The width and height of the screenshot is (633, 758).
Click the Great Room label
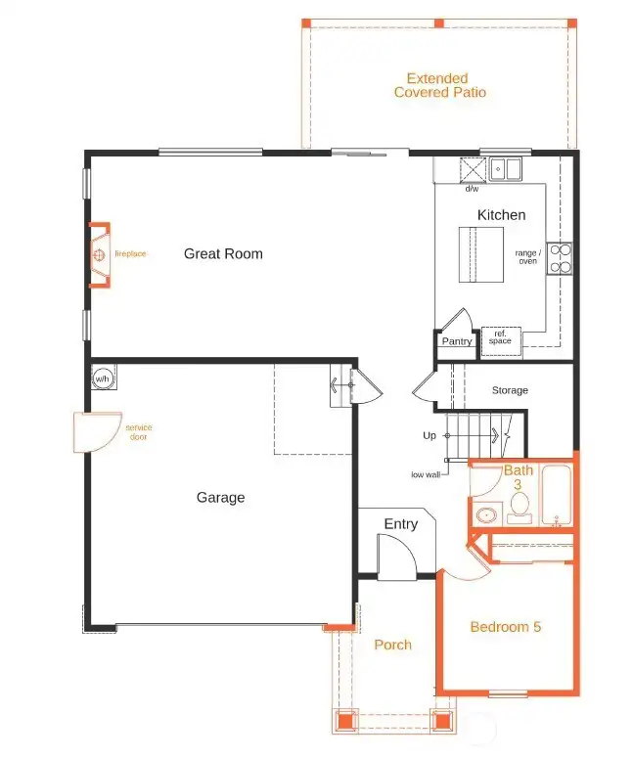pyautogui.click(x=223, y=254)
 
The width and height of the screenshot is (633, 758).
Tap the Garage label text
pyautogui.click(x=220, y=498)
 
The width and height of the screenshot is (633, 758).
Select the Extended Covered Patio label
pyautogui.click(x=439, y=85)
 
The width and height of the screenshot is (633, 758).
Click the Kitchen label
pyautogui.click(x=501, y=215)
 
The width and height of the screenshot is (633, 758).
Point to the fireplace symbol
pyautogui.click(x=100, y=255)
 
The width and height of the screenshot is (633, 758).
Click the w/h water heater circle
pyautogui.click(x=102, y=378)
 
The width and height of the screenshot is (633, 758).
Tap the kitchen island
pyautogui.click(x=482, y=254)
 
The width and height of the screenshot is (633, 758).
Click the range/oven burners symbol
pyautogui.click(x=560, y=257)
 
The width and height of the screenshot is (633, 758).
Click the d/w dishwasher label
pyautogui.click(x=472, y=189)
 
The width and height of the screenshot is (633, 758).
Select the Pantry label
pyautogui.click(x=457, y=341)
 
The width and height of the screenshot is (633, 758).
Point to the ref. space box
pyautogui.click(x=501, y=338)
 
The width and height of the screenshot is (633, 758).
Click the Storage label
pyautogui.click(x=510, y=390)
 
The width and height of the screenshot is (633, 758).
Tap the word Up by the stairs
pyautogui.click(x=430, y=436)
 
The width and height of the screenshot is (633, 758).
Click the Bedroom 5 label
pyautogui.click(x=505, y=627)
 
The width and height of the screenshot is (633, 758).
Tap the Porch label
pyautogui.click(x=392, y=645)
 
